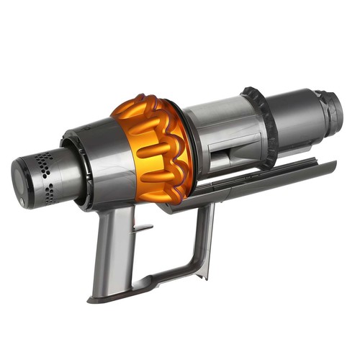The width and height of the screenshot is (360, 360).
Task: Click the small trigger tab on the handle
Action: tap(143, 229)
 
